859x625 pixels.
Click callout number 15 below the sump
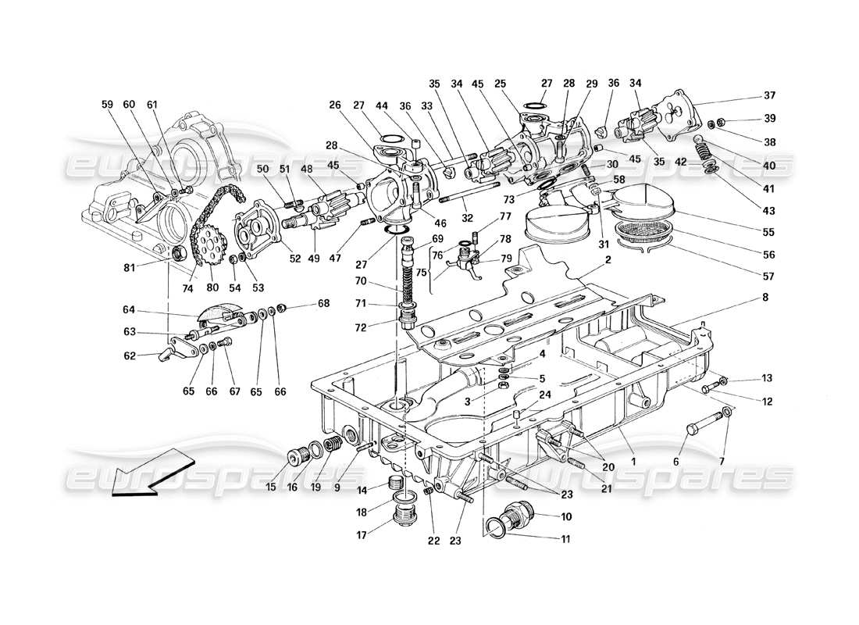(x=271, y=487)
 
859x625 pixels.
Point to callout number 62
(x=130, y=356)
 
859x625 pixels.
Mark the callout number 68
(x=322, y=303)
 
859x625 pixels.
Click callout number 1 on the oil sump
(x=633, y=462)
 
